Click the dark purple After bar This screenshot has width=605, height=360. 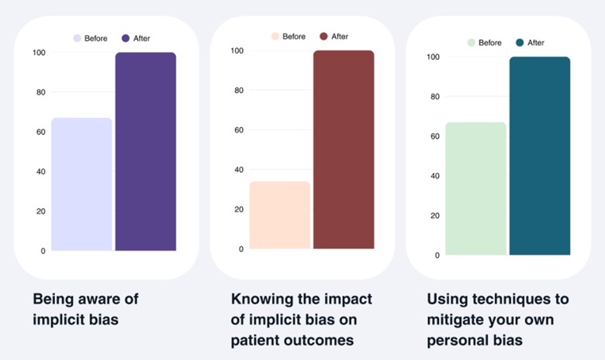coord(146,151)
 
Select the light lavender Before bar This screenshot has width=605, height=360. coord(81,184)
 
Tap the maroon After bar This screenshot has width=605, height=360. coord(344,150)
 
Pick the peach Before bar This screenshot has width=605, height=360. coord(280,215)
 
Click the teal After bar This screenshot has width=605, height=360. coord(540,156)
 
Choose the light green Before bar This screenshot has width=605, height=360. coord(476,189)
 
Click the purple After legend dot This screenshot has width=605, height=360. coord(126,38)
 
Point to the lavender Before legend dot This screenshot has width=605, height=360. coord(78,38)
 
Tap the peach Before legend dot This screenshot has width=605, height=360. coord(275,36)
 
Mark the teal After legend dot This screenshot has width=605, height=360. coord(520,43)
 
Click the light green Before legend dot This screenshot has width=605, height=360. coord(472,43)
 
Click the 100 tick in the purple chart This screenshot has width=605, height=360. coord(38,53)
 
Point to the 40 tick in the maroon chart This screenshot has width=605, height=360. coord(239,170)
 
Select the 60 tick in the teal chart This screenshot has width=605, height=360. coord(435,137)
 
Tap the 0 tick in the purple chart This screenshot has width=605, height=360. coord(42,251)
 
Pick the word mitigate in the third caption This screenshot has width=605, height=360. coord(456,319)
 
